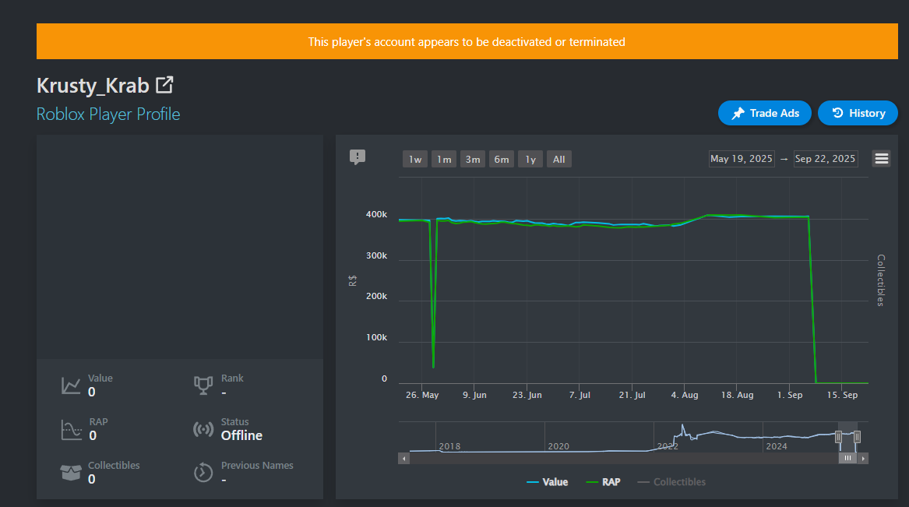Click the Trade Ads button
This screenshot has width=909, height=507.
(765, 113)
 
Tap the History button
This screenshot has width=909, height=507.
(858, 113)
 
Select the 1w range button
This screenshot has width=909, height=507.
(415, 160)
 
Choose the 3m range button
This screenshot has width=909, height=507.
(473, 160)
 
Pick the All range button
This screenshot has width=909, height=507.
(558, 160)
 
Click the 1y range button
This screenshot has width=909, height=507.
(530, 160)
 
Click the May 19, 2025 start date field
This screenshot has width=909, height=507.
(742, 159)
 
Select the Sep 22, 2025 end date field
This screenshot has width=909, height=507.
(825, 159)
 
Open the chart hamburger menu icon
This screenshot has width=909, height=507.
(882, 159)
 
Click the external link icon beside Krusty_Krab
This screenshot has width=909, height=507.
(164, 85)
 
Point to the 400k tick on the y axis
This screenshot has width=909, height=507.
(376, 214)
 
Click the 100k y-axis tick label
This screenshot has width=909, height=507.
(376, 337)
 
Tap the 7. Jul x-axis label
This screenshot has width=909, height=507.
(580, 395)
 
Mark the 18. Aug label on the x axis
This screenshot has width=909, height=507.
(738, 395)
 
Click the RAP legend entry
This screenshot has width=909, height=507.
(604, 482)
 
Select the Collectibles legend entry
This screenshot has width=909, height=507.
(671, 482)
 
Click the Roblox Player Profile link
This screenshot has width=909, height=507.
(108, 114)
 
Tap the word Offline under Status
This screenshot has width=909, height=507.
(241, 435)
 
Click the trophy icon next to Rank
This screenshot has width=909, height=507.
(203, 386)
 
